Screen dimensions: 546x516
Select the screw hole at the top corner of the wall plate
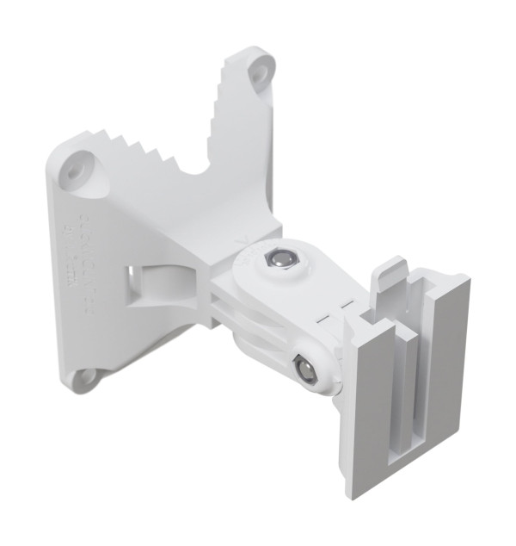tap(258, 74)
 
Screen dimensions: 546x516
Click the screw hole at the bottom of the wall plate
tap(86, 376)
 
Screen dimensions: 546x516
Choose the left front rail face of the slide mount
tap(370, 405)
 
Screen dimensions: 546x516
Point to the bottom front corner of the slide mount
tap(353, 491)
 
